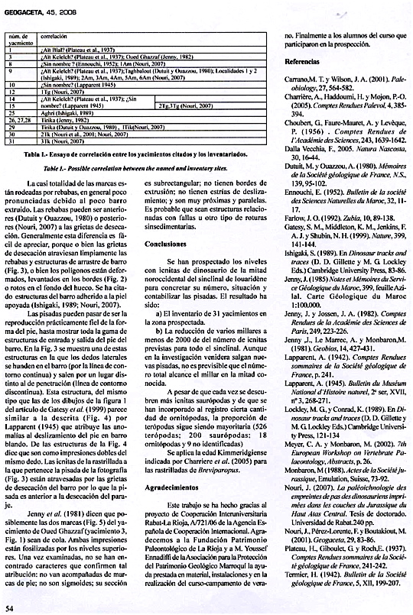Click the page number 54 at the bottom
coord(10,608)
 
